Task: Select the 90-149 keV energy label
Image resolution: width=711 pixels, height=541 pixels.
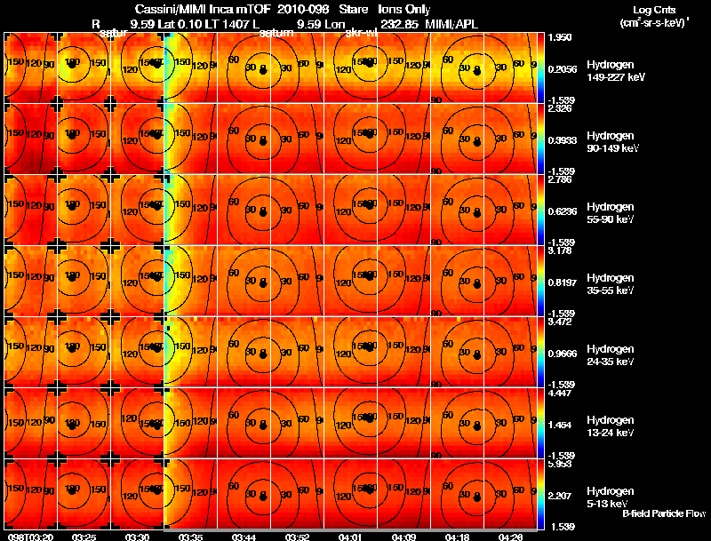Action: [x=614, y=149]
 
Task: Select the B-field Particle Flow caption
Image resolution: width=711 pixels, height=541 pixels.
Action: [x=664, y=514]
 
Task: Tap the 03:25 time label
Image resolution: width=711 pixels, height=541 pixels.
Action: [x=84, y=537]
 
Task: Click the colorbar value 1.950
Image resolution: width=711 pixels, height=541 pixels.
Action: [x=559, y=38]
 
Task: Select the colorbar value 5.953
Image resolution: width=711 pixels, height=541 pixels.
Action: [x=559, y=465]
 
